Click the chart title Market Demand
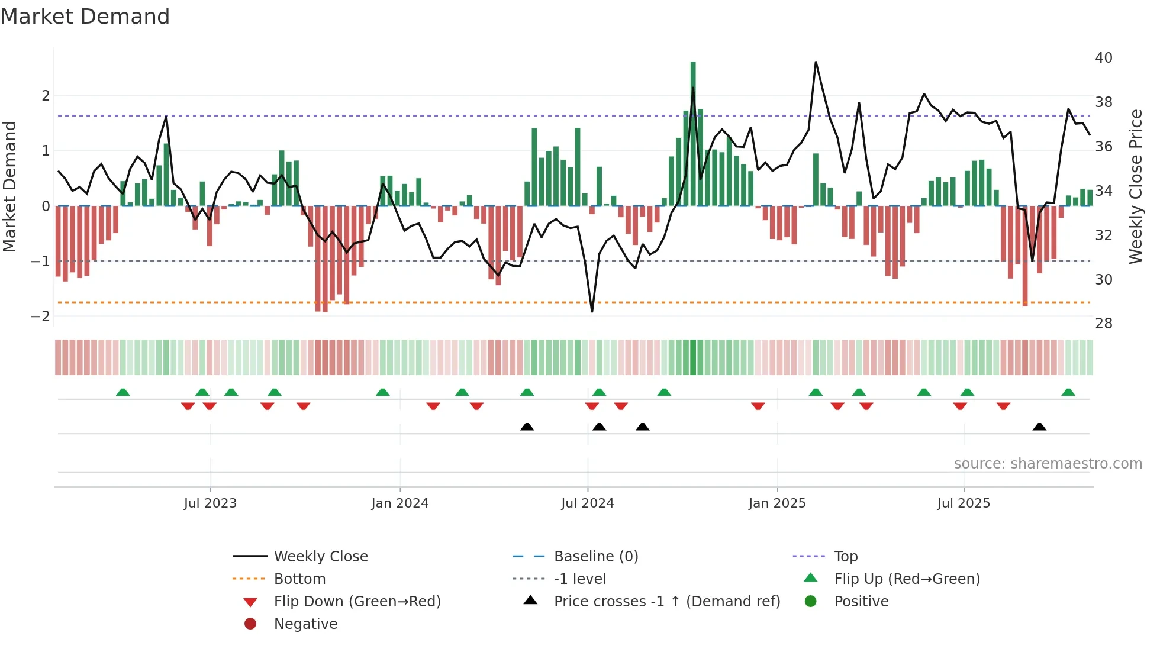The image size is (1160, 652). point(85,17)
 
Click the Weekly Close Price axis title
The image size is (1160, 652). point(1135,186)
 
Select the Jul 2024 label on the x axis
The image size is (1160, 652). point(587,503)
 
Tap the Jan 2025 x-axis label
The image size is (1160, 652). point(776,503)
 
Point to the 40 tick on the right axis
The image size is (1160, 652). point(1103,58)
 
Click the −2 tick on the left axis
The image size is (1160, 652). point(40,317)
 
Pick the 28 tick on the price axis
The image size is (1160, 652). point(1103,324)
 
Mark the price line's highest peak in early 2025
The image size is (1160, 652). point(816,62)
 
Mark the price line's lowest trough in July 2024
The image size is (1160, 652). point(592,311)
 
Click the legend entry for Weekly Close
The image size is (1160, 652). point(320,557)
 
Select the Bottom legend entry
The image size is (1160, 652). point(299,579)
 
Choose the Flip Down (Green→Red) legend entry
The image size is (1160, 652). point(357,602)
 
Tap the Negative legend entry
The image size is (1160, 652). point(305,624)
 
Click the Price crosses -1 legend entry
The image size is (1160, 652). point(666,602)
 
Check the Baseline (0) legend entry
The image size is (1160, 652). point(595,557)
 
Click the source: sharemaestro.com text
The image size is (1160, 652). point(1048,464)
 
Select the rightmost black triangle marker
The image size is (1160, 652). point(1039,427)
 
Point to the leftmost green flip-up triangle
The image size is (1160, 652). point(123,392)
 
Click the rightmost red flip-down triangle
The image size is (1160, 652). point(1003,406)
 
